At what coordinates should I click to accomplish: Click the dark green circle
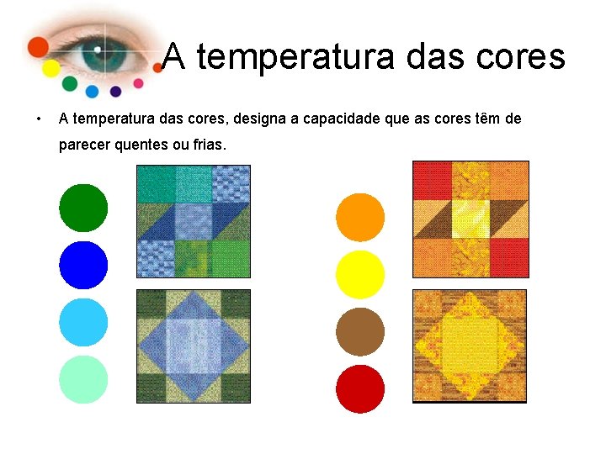click(x=83, y=208)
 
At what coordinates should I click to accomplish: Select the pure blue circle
click(x=83, y=265)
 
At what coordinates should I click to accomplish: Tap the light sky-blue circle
click(x=83, y=322)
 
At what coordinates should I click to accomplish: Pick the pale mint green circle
click(x=83, y=379)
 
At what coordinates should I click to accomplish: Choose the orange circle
click(x=360, y=218)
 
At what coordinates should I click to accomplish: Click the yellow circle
click(x=360, y=275)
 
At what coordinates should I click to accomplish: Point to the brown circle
click(x=360, y=332)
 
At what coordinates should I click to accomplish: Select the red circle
click(x=360, y=389)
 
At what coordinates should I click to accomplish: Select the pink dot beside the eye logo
click(x=138, y=83)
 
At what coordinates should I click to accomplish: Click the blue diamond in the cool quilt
click(x=194, y=346)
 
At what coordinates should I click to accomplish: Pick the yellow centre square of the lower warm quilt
click(x=469, y=346)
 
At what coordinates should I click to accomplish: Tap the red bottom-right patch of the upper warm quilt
click(x=509, y=257)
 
